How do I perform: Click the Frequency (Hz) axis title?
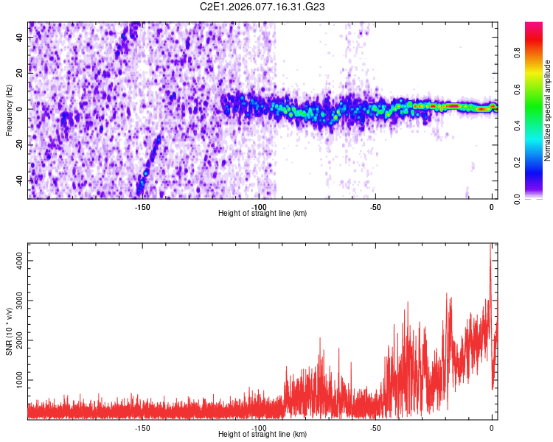point(9,110)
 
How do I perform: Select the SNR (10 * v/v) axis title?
point(9,331)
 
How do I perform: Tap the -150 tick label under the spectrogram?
point(142,207)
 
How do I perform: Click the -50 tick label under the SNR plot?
point(375,428)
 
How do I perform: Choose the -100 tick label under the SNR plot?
point(258,428)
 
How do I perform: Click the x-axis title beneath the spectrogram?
point(262,214)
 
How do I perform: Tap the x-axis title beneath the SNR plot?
point(262,435)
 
